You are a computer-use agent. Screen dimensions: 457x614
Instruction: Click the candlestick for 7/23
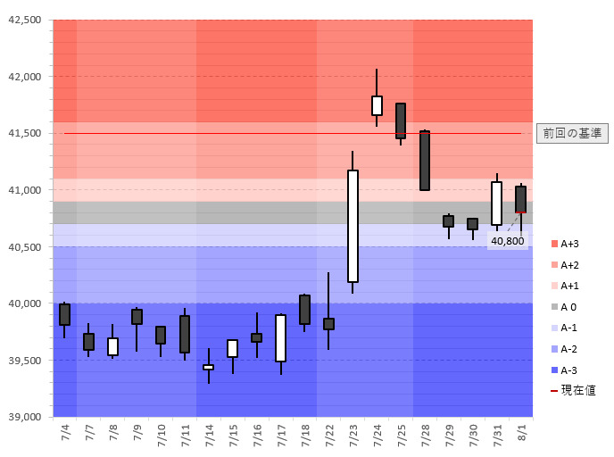tap(353, 226)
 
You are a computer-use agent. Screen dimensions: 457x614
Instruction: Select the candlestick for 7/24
tap(377, 105)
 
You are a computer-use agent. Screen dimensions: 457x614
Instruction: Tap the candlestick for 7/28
tap(425, 161)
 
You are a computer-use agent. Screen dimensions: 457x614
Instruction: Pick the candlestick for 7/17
tap(280, 337)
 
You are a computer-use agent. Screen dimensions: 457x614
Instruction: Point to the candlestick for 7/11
tap(185, 334)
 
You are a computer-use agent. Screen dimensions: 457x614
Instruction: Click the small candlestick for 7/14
tap(208, 367)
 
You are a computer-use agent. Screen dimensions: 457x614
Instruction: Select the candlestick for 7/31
tap(496, 204)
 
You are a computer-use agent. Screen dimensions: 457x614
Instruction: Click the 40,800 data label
tap(506, 241)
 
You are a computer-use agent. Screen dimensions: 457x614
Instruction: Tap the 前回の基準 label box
tap(572, 133)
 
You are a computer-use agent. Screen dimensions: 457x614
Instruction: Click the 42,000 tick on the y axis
tap(25, 77)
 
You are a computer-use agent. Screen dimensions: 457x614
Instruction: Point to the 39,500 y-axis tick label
tap(25, 361)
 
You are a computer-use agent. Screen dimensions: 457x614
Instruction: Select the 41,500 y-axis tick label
tap(25, 134)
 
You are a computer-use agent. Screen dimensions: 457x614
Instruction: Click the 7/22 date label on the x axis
tap(329, 436)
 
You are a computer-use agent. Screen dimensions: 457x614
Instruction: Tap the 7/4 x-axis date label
tap(65, 436)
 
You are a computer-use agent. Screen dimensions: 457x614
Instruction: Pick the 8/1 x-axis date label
tap(521, 436)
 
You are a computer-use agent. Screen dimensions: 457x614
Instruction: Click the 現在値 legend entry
tap(572, 390)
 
